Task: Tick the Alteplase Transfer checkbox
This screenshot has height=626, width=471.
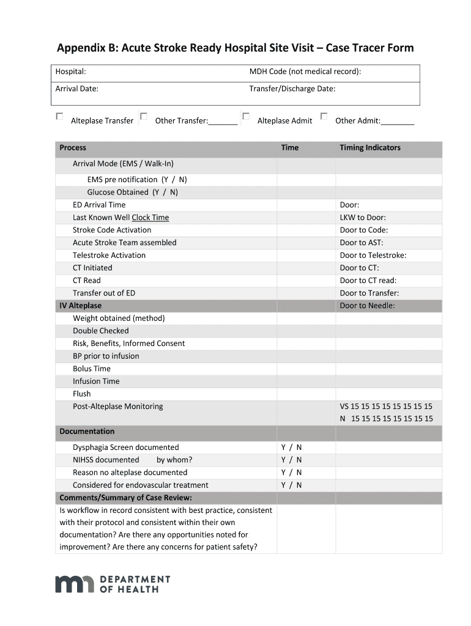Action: (60, 116)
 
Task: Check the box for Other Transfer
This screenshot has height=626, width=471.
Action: (144, 116)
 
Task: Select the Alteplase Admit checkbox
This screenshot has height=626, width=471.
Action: (246, 116)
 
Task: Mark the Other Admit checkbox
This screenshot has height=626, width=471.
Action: (324, 116)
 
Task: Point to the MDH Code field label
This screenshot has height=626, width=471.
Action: (305, 72)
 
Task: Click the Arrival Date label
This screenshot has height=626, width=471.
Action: (77, 89)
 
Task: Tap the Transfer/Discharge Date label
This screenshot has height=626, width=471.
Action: (292, 89)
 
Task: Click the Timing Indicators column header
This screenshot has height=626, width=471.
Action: (370, 147)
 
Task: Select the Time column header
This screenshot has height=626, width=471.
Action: (290, 147)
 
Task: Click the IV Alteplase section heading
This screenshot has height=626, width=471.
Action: (80, 306)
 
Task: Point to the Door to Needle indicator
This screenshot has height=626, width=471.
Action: (367, 306)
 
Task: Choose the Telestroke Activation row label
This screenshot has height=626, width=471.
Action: (109, 256)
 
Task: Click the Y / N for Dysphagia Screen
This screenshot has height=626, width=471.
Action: (291, 447)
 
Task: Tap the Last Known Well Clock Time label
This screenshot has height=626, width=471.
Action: (121, 218)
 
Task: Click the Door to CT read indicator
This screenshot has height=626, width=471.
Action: (368, 281)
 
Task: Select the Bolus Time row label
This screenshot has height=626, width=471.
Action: (92, 369)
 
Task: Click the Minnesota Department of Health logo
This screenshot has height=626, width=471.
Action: (113, 584)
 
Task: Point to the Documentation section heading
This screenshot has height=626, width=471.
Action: (87, 432)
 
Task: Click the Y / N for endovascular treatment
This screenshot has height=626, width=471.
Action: (291, 485)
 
